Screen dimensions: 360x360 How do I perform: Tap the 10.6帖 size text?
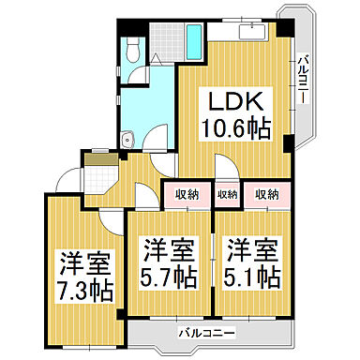coord(233,128)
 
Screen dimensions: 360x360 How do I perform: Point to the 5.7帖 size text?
coord(170,277)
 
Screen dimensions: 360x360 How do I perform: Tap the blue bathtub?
coord(194,40)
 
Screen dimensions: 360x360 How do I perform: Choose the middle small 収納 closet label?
coord(227,194)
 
